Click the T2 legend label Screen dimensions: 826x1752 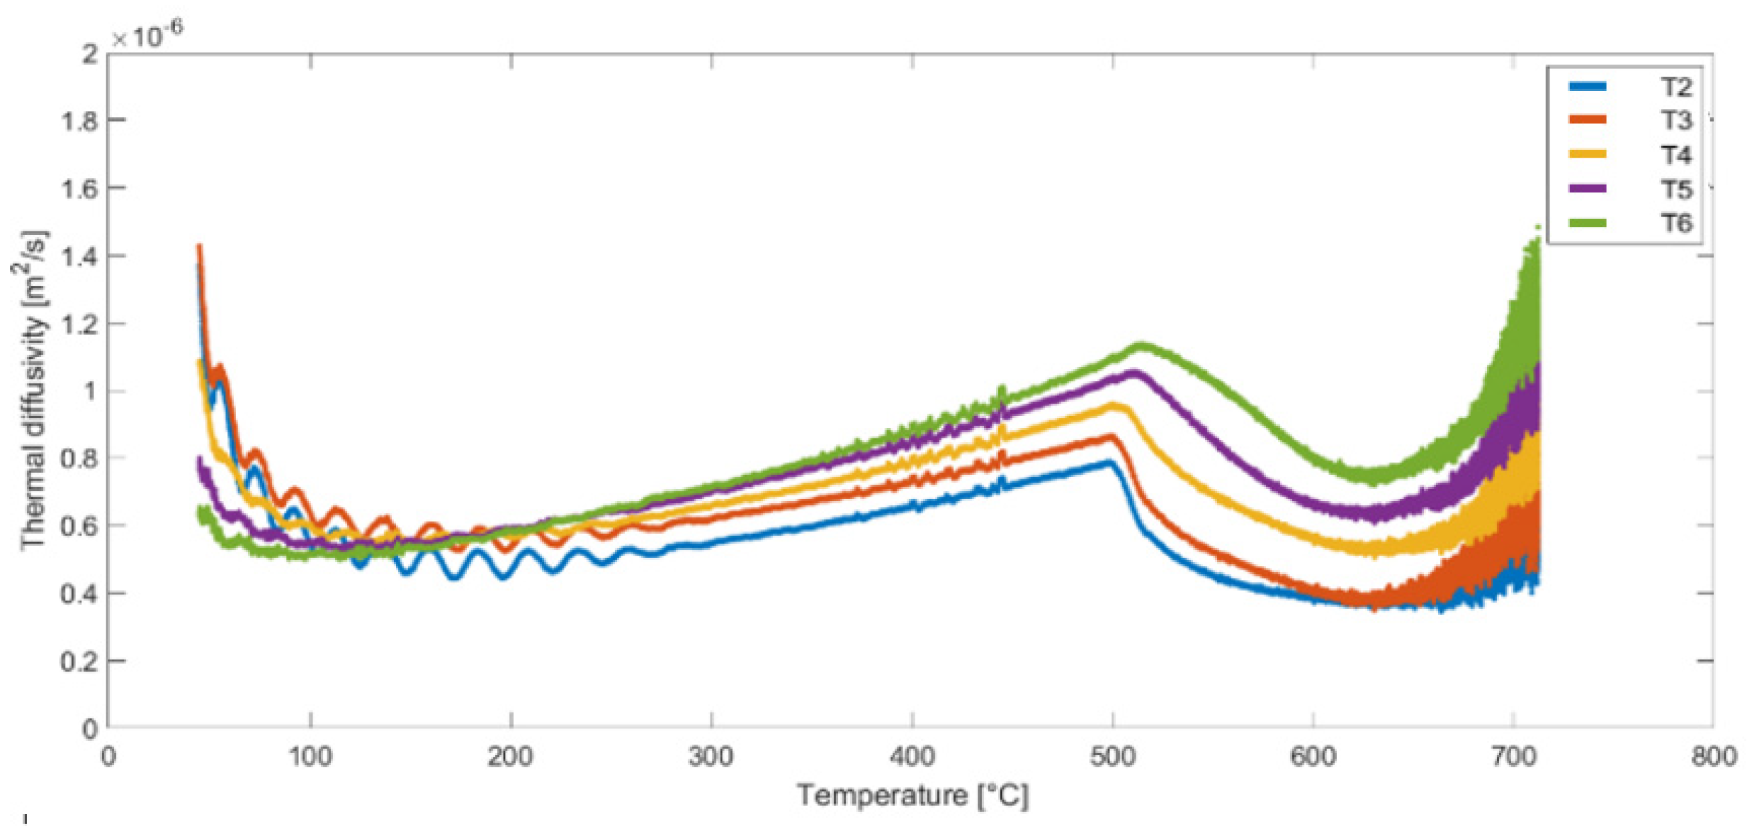(1675, 87)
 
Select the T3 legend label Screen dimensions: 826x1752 (1675, 120)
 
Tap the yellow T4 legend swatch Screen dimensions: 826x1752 (1587, 154)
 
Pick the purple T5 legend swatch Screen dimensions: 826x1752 (1587, 188)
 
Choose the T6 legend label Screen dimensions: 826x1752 (1675, 222)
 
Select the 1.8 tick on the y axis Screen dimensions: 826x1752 (79, 121)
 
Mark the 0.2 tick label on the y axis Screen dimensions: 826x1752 (79, 661)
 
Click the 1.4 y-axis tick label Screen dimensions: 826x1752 (79, 256)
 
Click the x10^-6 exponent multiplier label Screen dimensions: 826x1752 (147, 35)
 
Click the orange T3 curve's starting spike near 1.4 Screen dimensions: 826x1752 (199, 247)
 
